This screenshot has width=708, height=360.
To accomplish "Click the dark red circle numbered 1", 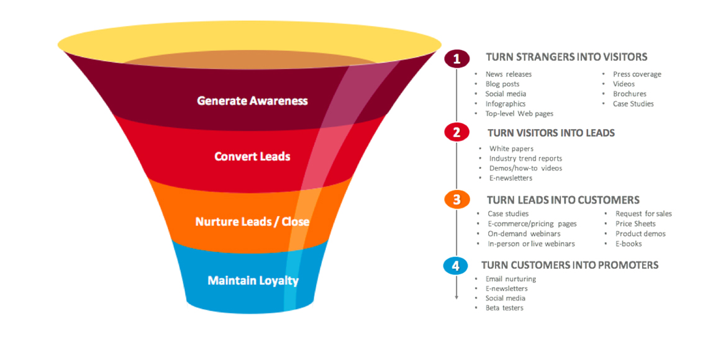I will click(457, 59).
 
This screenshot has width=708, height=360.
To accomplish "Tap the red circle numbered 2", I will click(456, 132).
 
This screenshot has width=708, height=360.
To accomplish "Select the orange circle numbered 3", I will click(456, 199).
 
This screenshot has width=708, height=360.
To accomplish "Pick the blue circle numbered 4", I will click(456, 266).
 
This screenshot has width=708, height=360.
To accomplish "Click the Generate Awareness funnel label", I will click(252, 101).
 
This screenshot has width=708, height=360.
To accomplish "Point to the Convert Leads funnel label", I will click(252, 156).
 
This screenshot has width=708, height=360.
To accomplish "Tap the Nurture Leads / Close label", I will click(252, 222).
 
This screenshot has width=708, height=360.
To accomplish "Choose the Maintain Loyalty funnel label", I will click(253, 281).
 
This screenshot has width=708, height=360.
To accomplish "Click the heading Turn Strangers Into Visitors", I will click(566, 57).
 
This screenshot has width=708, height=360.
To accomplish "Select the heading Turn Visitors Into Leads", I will click(551, 133).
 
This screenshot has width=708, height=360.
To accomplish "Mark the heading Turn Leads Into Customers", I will click(563, 200).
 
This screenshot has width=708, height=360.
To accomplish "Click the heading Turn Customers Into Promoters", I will click(570, 265).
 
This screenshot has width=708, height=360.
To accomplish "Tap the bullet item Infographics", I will click(506, 104).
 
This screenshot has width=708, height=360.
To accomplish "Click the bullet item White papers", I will click(511, 148).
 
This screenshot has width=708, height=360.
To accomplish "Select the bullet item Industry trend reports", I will click(525, 158).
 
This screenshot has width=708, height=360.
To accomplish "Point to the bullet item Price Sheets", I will click(635, 223).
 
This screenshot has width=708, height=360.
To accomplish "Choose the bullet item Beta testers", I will click(504, 308).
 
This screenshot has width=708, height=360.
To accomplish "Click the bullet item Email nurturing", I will click(511, 279).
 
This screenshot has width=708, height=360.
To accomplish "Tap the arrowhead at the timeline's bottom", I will click(456, 297).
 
